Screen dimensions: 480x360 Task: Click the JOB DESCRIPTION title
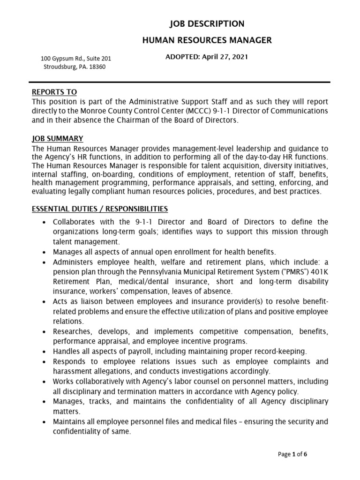click(207, 24)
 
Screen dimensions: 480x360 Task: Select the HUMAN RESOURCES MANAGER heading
click(207, 40)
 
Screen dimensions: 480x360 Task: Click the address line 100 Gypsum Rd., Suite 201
click(76, 59)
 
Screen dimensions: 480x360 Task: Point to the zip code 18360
click(97, 67)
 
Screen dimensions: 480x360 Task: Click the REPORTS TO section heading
click(54, 92)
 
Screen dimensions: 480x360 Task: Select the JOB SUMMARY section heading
click(57, 138)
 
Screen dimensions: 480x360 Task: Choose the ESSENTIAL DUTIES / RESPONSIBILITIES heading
click(99, 208)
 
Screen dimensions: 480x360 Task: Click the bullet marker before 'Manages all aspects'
click(44, 252)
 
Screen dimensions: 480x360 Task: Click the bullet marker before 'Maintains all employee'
click(44, 421)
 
